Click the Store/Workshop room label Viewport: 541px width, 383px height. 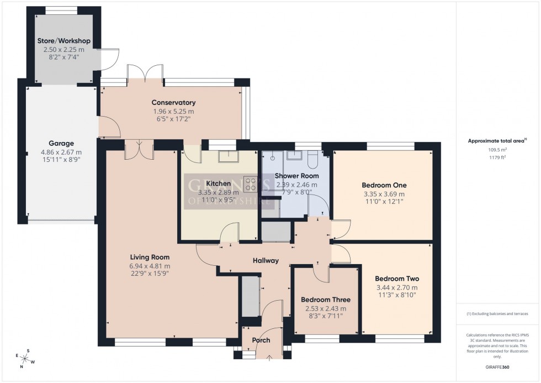(x=63, y=41)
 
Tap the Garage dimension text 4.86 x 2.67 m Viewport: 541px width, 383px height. (x=61, y=153)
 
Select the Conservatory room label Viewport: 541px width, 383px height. (x=174, y=103)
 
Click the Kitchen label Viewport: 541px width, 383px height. (x=217, y=183)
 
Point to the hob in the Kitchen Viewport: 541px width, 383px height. (x=250, y=183)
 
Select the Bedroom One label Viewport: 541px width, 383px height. (x=384, y=185)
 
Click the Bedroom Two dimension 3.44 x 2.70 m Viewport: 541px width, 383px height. (x=396, y=287)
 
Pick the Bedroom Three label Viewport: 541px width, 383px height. (x=325, y=300)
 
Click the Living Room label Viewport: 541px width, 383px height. (x=150, y=257)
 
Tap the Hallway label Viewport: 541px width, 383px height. (x=266, y=261)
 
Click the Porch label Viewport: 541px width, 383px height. (x=261, y=340)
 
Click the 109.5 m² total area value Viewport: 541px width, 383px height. (x=498, y=149)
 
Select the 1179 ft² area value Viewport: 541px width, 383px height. (x=498, y=157)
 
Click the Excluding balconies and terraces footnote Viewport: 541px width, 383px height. (x=497, y=314)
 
